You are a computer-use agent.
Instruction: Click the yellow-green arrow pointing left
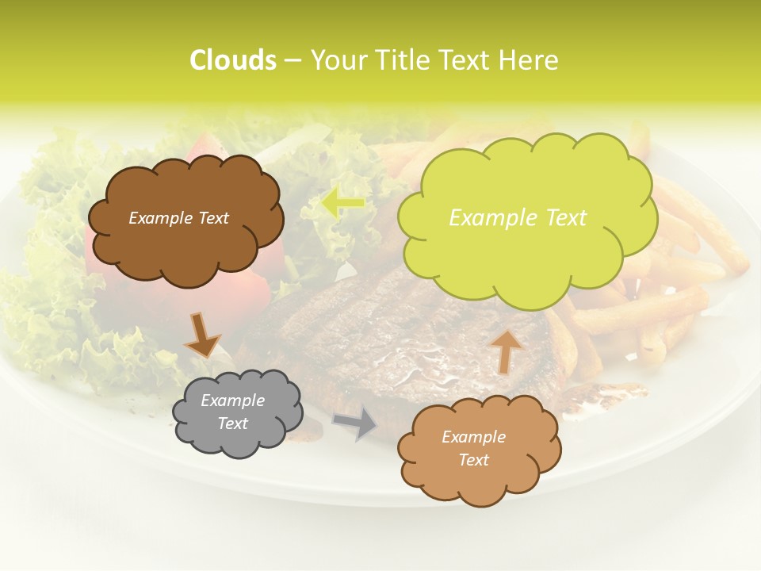pos(342,203)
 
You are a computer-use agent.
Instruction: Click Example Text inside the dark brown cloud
pos(178,218)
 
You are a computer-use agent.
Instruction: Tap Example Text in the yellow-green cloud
pos(518,218)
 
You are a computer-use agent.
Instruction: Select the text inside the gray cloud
pos(232,412)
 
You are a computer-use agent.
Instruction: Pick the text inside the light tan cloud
pos(473,448)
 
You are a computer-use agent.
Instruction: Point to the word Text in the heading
pos(465,60)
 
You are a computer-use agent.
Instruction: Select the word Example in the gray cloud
pos(232,400)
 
